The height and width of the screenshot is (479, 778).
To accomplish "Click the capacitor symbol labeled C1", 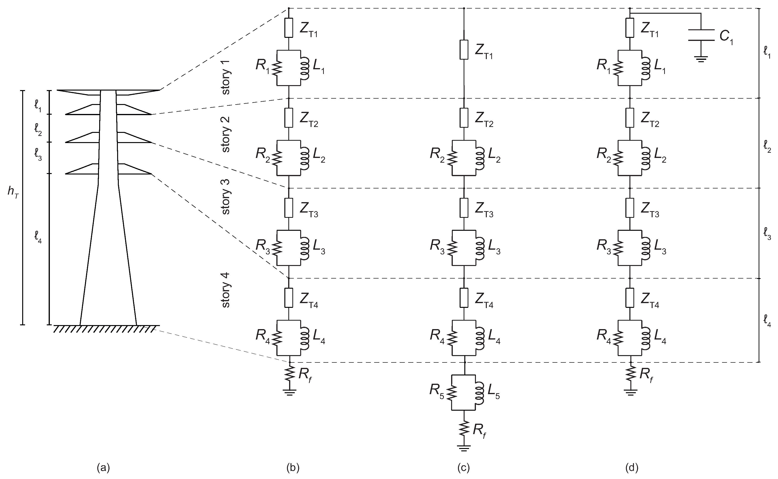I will coord(701,35).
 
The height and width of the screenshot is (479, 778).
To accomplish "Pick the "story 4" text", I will coord(226,290).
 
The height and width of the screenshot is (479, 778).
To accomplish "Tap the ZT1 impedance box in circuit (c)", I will coord(464,49).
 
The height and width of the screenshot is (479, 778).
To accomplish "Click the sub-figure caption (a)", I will coord(103,468).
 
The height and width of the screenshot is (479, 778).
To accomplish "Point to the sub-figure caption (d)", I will coord(632,468).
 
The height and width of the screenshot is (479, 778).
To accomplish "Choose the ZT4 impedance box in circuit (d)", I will coord(630,298).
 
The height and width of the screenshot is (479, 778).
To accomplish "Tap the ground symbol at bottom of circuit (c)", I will coord(464,448).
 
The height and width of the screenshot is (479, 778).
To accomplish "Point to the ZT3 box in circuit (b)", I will coord(289,208).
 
